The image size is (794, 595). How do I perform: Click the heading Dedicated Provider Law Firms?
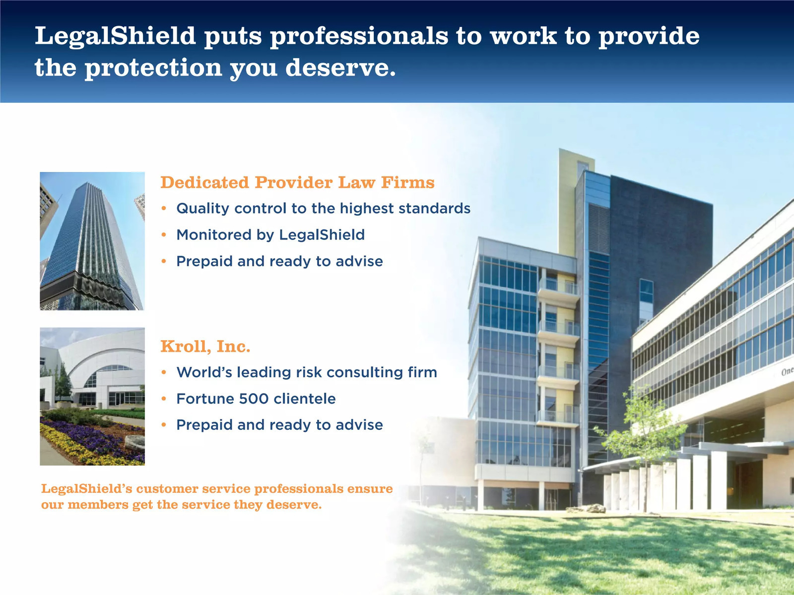point(297,182)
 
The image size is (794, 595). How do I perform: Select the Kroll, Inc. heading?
point(205,347)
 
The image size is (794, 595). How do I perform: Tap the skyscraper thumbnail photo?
point(92,241)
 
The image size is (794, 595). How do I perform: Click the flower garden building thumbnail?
point(92,396)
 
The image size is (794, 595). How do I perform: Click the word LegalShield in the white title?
point(115,37)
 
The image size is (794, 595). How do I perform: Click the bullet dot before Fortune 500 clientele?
point(164,399)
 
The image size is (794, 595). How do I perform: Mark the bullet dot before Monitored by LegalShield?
point(164,235)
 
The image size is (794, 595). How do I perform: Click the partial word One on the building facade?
point(787,371)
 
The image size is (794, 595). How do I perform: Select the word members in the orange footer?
point(98,505)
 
